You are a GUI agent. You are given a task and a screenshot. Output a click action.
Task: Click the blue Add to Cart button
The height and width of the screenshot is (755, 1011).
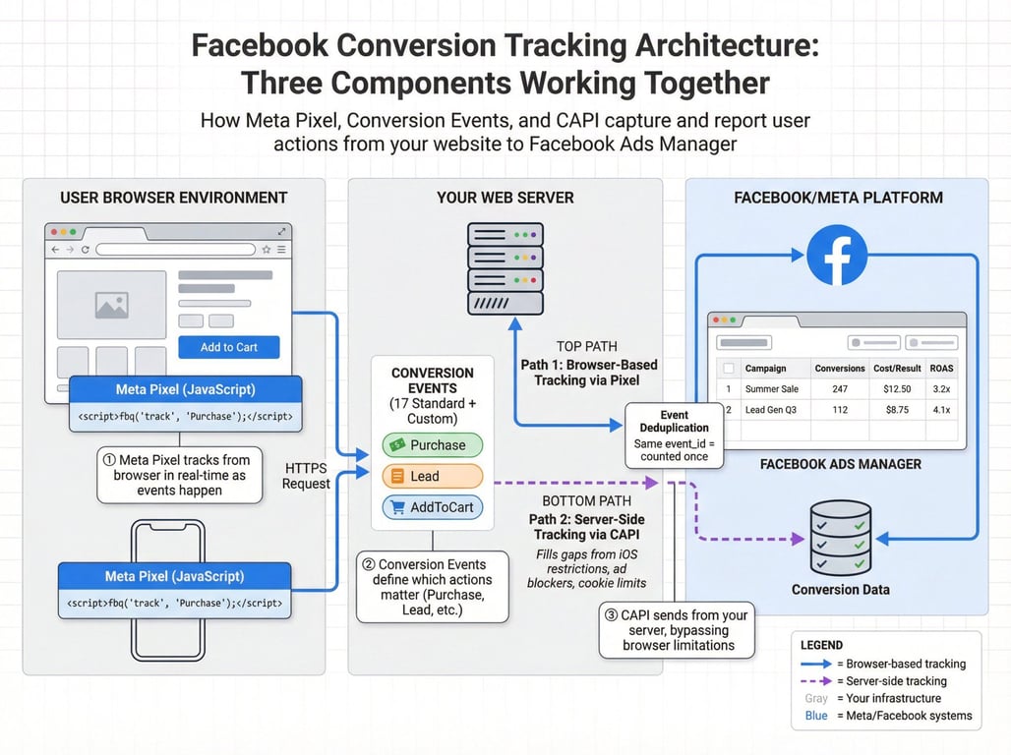tap(229, 347)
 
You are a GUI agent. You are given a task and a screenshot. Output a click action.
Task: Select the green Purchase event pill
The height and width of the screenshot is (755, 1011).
tap(433, 445)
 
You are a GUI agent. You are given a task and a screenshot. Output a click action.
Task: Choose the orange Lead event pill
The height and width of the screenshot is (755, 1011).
tap(433, 477)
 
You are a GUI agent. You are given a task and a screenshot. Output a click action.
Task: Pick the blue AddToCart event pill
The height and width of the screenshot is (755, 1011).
tap(433, 507)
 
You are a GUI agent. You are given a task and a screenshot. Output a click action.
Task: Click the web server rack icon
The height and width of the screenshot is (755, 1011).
tap(505, 268)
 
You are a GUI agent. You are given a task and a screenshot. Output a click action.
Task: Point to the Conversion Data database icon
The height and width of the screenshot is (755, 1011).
tap(840, 538)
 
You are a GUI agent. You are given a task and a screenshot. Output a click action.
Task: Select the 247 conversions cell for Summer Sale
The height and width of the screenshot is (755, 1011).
tap(839, 389)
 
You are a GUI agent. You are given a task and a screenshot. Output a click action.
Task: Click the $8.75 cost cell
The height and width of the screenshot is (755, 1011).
tap(896, 410)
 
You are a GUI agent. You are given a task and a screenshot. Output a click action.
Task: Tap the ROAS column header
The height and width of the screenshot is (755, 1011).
tap(941, 369)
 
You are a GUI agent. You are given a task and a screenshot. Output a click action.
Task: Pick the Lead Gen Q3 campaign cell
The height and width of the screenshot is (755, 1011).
tap(771, 410)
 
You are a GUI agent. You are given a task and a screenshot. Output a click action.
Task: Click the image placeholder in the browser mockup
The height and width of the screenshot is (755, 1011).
tap(111, 306)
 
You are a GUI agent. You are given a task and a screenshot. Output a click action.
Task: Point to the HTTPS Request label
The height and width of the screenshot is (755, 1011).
tap(307, 476)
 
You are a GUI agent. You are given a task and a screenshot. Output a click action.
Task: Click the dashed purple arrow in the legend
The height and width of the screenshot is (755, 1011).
tap(815, 681)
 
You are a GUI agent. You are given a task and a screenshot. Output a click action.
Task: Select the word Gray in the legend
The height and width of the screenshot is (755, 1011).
tap(816, 699)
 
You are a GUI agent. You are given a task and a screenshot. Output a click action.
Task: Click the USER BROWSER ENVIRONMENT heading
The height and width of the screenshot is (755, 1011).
tap(174, 198)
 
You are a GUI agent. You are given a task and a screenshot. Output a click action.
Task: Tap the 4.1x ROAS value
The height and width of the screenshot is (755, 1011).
tap(941, 410)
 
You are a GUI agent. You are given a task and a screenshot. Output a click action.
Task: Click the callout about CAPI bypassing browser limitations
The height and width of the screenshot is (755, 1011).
tap(678, 630)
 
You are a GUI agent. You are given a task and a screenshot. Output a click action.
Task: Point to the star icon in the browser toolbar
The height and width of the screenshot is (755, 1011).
tap(266, 250)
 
